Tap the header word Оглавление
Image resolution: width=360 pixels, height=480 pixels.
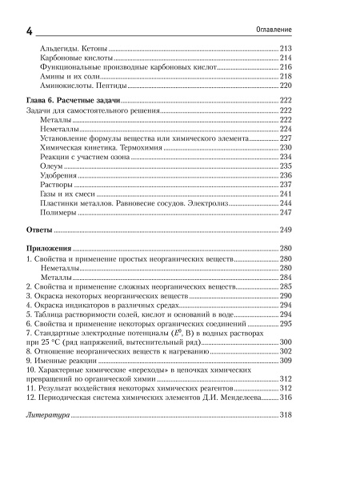(269, 30)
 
